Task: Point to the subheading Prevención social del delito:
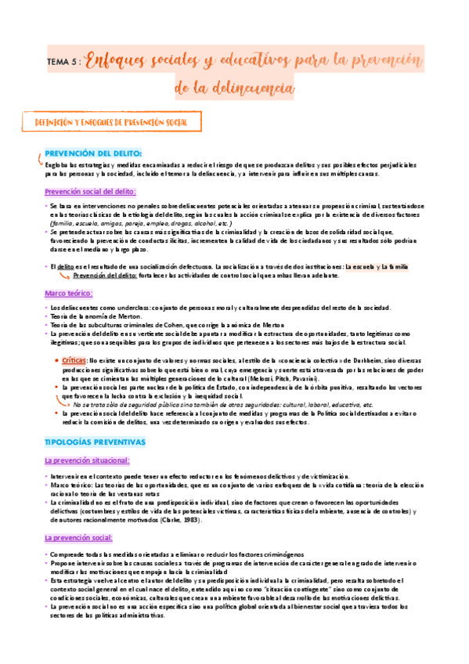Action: (x=91, y=191)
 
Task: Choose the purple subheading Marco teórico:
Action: (x=69, y=294)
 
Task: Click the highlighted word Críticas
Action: (x=75, y=358)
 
